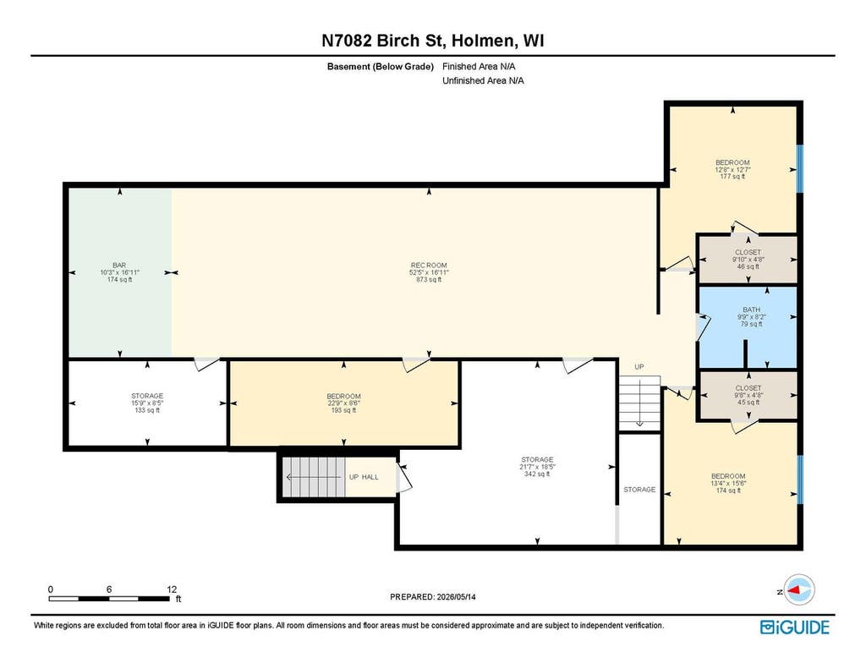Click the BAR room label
[119, 266]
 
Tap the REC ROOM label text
[429, 266]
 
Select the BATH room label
[752, 310]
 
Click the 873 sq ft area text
[429, 280]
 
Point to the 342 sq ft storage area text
[537, 474]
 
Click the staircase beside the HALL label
[313, 477]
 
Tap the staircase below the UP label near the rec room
[639, 403]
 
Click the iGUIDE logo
[795, 627]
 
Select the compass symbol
[798, 590]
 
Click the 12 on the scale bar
[172, 589]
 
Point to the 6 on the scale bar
[109, 589]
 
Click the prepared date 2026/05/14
[456, 596]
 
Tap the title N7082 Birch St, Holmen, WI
[433, 41]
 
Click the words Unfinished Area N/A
[483, 80]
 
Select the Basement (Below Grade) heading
[380, 66]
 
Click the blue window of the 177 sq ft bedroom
[800, 168]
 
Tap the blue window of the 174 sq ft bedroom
[800, 480]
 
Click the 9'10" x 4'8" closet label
[748, 259]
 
